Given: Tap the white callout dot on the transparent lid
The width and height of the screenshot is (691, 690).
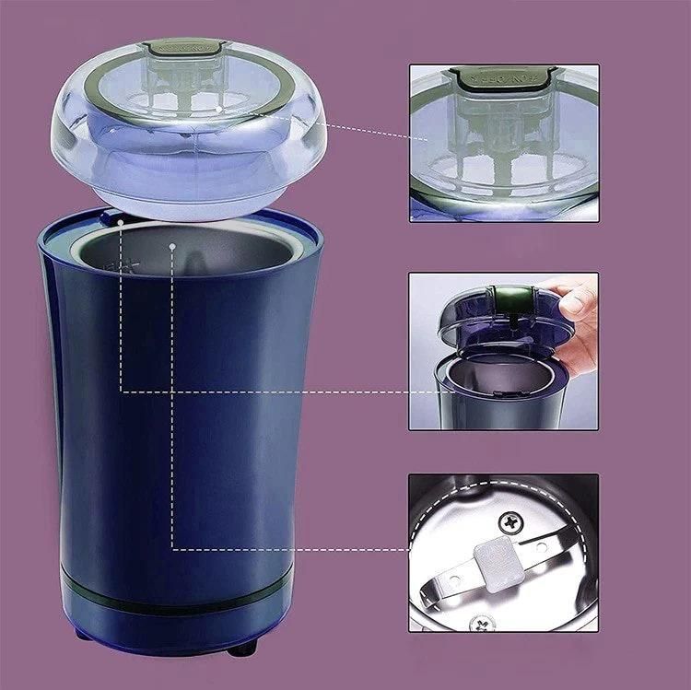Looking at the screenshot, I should click(218, 109).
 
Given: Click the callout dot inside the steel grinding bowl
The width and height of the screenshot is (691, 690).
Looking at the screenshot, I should click(172, 246).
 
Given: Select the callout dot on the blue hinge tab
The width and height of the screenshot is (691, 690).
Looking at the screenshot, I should click(122, 221).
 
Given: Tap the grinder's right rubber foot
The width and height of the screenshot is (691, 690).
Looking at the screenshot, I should click(242, 648).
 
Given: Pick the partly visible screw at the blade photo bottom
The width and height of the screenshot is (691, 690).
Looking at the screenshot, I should click(480, 624).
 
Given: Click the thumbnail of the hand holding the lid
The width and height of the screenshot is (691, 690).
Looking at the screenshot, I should click(503, 351).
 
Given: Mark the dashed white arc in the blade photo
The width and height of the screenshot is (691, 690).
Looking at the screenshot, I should click(433, 534).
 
